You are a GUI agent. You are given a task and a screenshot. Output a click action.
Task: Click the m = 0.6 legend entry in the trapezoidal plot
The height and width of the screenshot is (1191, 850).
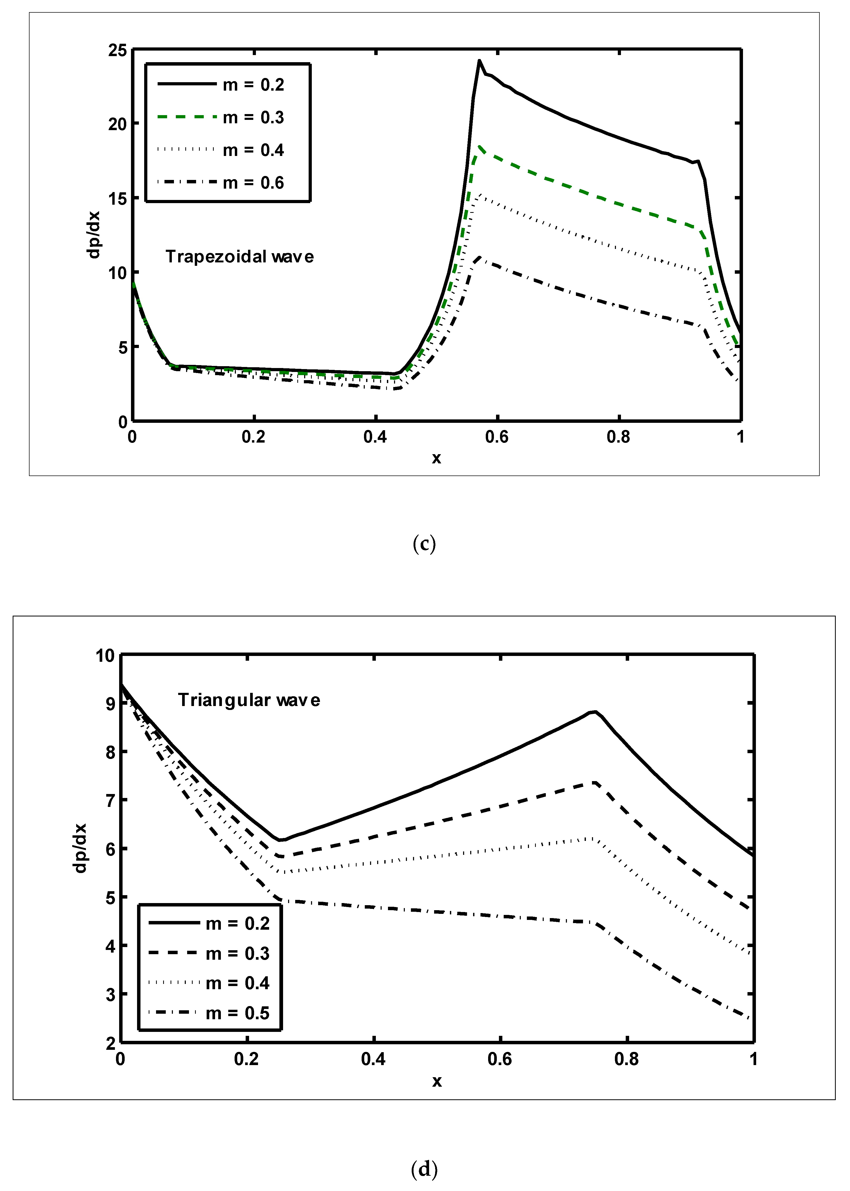click(221, 183)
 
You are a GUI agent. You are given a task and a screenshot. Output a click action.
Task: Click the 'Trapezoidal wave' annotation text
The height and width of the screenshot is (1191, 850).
click(240, 257)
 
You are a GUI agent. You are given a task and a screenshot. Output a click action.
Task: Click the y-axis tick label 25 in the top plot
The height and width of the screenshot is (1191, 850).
click(117, 50)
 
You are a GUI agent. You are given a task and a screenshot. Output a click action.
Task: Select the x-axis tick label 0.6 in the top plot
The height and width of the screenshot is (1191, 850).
click(496, 437)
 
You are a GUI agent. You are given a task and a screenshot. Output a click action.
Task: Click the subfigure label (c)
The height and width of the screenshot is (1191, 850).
click(424, 544)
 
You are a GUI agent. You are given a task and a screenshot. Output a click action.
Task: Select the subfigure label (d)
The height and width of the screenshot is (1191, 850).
click(424, 1169)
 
